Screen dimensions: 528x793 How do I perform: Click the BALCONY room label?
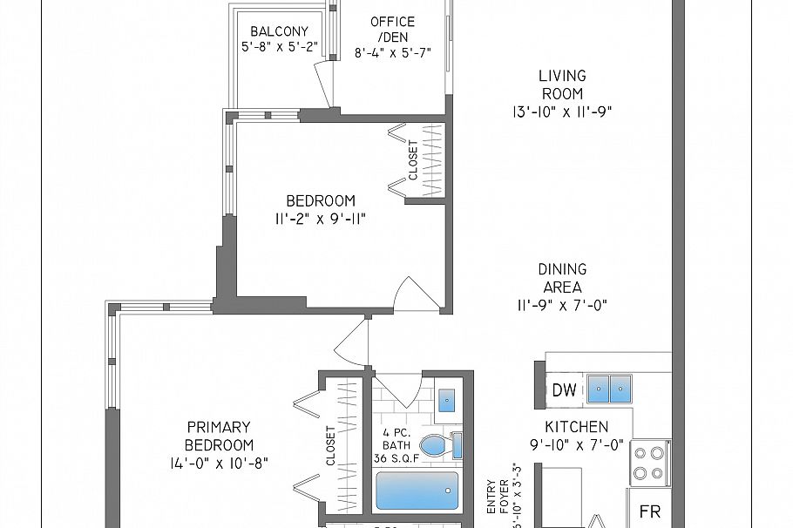279,32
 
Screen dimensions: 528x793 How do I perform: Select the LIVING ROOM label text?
561,85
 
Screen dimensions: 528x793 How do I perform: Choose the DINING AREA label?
561,279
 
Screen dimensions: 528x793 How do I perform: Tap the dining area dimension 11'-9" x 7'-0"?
561,305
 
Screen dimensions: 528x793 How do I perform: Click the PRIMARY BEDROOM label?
219,436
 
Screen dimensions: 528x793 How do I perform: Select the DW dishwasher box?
564,389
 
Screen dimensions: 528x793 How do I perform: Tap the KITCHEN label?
577,427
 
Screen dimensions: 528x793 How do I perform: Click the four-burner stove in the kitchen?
649,464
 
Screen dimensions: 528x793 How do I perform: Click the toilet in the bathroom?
439,445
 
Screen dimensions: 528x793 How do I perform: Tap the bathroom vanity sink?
447,399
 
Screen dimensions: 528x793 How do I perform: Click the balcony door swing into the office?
325,85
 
